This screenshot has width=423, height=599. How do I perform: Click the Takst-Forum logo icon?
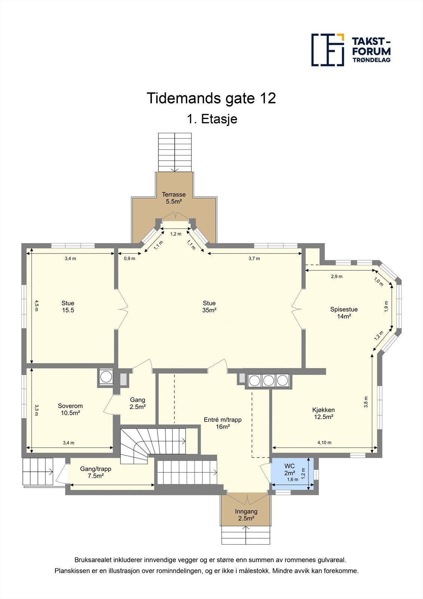pyautogui.click(x=328, y=50)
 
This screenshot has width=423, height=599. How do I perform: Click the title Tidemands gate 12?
pyautogui.click(x=211, y=98)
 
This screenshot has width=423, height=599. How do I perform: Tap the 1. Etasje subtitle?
pyautogui.click(x=212, y=119)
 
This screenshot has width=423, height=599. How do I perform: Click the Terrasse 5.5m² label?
pyautogui.click(x=174, y=198)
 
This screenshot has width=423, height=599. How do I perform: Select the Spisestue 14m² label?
pyautogui.click(x=344, y=313)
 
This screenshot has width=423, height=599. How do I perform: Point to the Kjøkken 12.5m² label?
pyautogui.click(x=324, y=413)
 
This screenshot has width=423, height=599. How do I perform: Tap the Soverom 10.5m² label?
pyautogui.click(x=70, y=409)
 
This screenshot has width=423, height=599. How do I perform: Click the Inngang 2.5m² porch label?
pyautogui.click(x=246, y=515)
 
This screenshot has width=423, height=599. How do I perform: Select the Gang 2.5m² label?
pyautogui.click(x=138, y=403)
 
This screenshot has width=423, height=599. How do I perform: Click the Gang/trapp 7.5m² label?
pyautogui.click(x=96, y=472)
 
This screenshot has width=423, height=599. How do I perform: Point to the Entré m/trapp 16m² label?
pyautogui.click(x=223, y=423)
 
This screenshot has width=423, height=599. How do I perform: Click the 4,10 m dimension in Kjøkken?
pyautogui.click(x=324, y=443)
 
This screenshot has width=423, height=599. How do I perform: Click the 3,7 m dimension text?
pyautogui.click(x=254, y=258)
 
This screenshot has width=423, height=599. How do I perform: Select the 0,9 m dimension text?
pyautogui.click(x=129, y=258)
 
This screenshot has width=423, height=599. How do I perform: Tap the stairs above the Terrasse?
pyautogui.click(x=175, y=152)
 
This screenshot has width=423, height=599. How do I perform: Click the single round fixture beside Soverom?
pyautogui.click(x=107, y=377)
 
